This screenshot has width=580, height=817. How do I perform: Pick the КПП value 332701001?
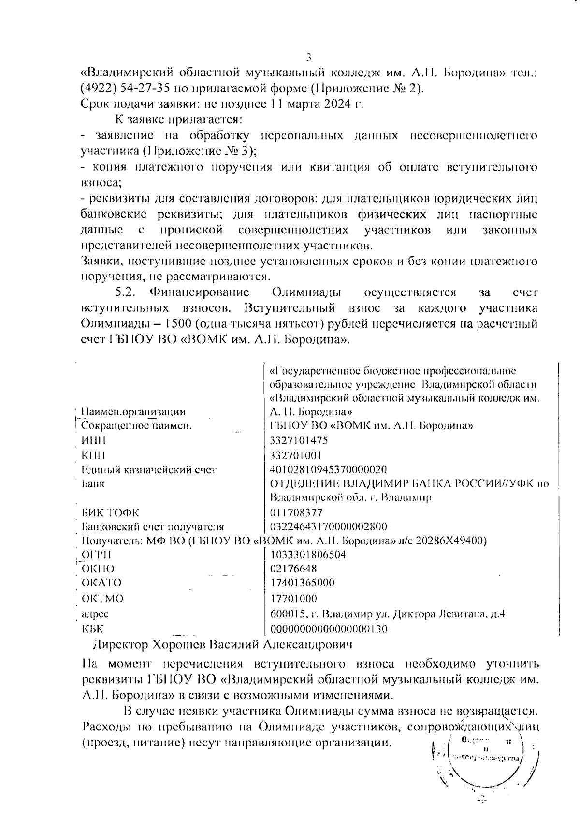(x=295, y=455)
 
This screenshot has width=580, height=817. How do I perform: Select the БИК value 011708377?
(x=296, y=512)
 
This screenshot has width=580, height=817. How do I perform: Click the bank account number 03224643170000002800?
(x=328, y=526)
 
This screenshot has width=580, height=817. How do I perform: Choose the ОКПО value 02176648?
(x=293, y=569)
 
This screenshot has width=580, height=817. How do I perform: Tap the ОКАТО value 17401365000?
(x=302, y=583)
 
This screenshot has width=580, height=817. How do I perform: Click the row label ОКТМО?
(x=102, y=598)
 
